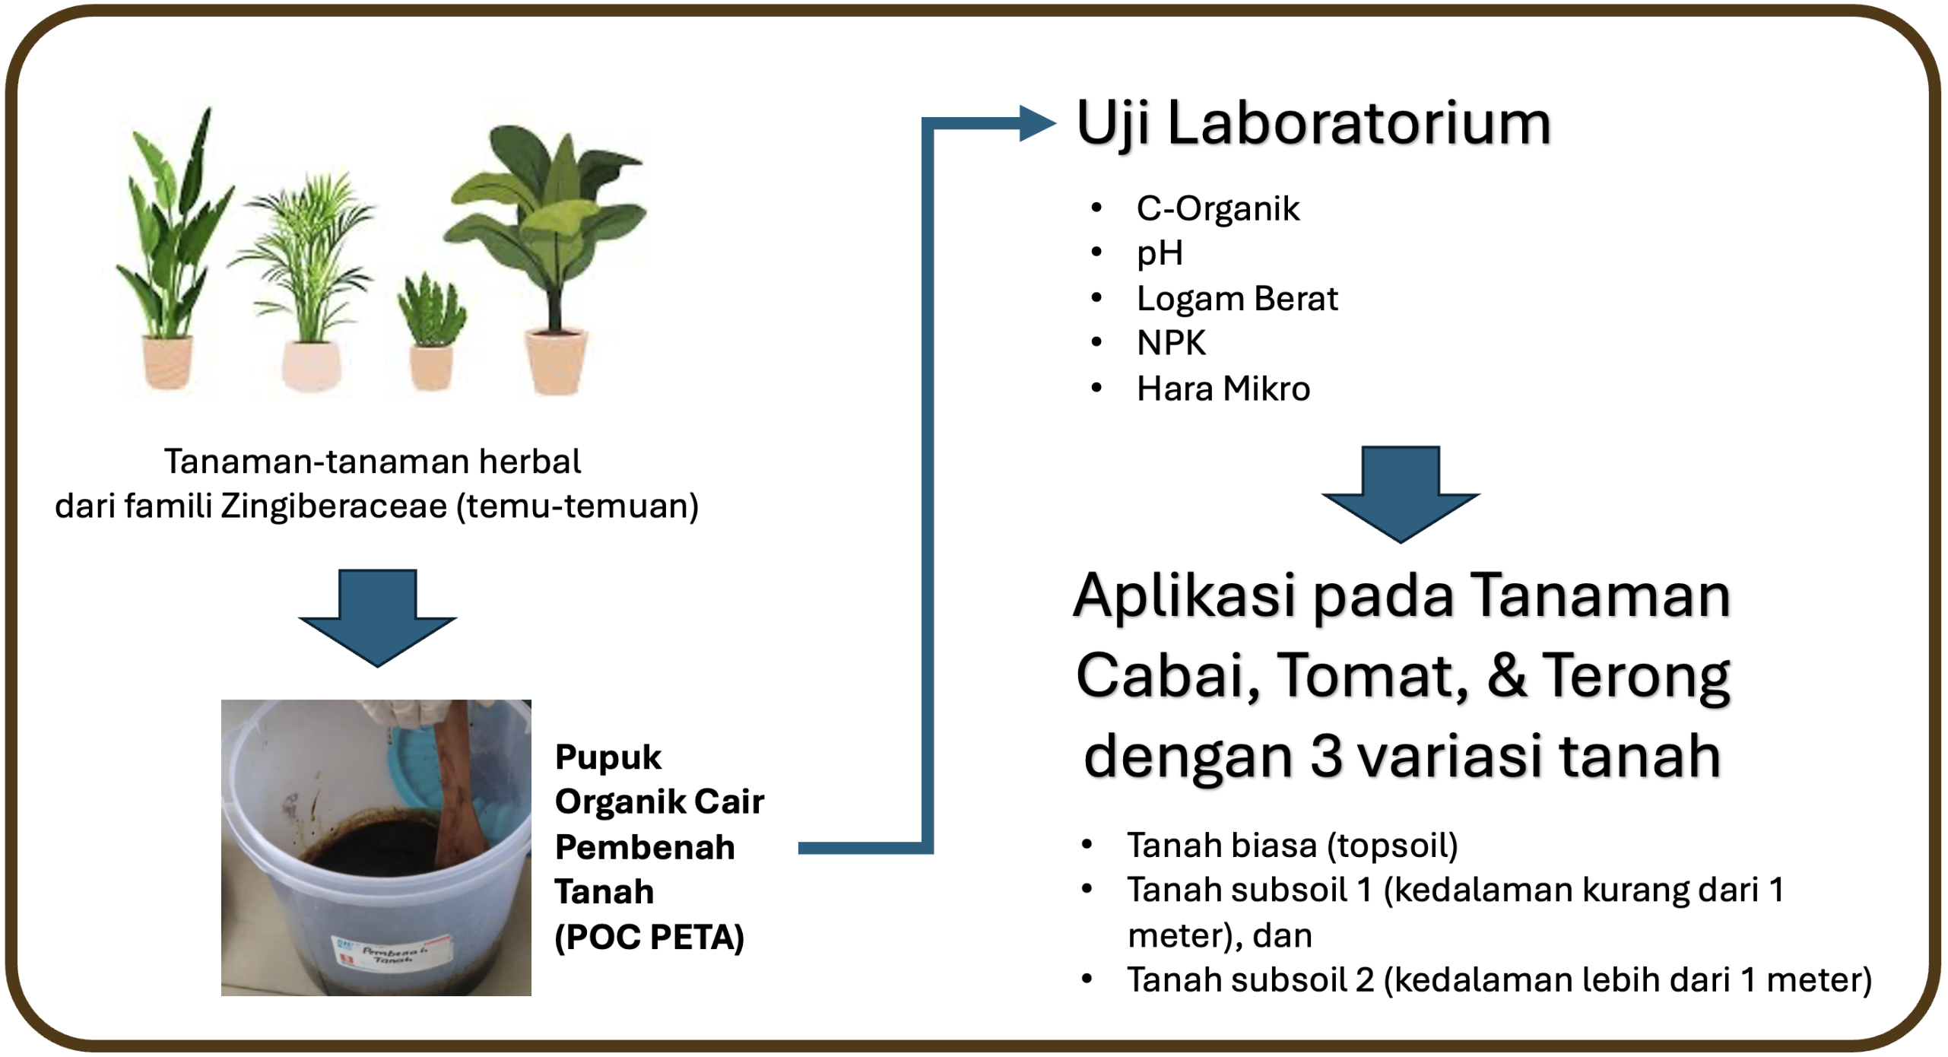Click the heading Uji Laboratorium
[1313, 124]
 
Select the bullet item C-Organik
[1217, 208]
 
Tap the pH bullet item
[1160, 253]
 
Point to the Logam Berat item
[1237, 299]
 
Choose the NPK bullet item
[1171, 343]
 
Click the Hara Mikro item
[1223, 389]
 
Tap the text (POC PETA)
[649, 938]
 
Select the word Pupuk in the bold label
[608, 758]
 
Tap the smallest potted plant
[431, 332]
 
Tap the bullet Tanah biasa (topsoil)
[1292, 846]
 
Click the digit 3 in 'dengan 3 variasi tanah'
[1326, 757]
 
